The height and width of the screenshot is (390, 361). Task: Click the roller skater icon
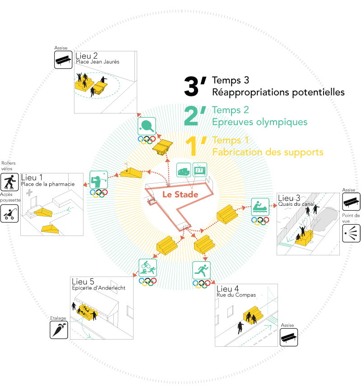pyautogui.click(x=9, y=182)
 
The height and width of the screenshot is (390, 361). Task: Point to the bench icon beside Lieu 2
pyautogui.click(x=63, y=59)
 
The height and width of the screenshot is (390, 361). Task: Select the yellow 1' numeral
pyautogui.click(x=197, y=146)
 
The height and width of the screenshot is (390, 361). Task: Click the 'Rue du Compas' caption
pyautogui.click(x=236, y=295)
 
